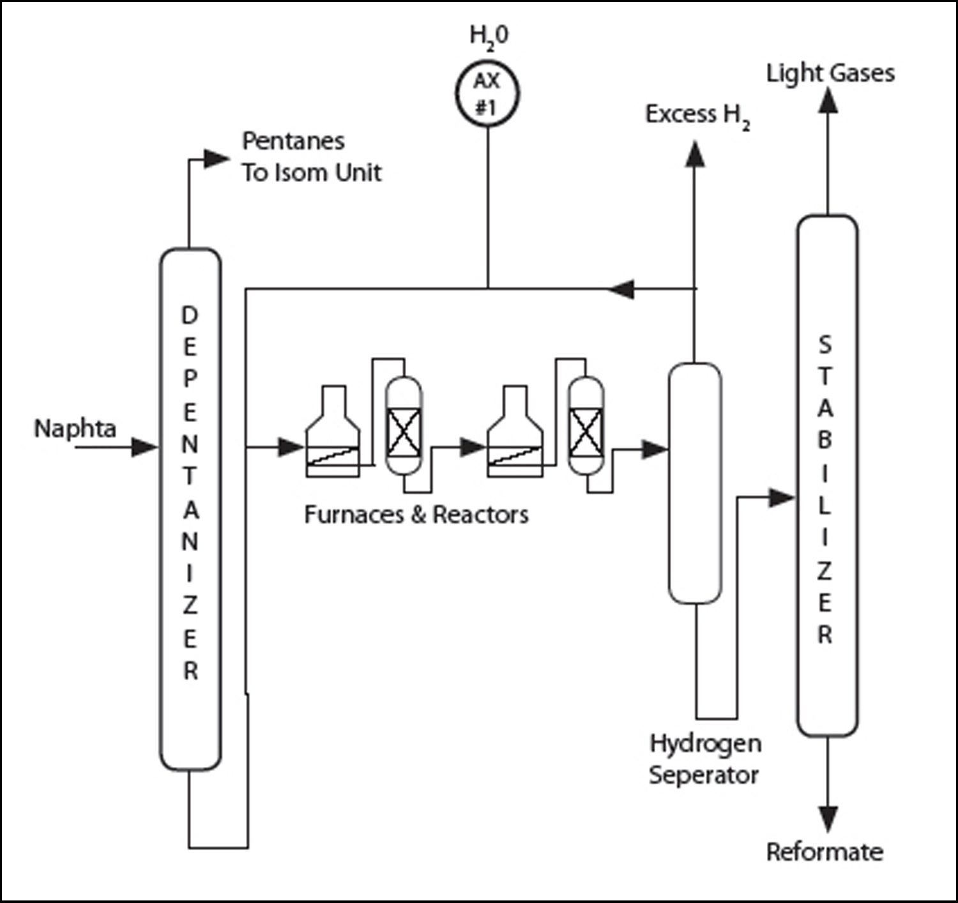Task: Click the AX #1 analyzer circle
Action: pos(487,94)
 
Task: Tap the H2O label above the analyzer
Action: pos(489,36)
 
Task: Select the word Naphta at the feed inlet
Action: pos(75,429)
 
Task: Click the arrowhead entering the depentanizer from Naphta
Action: pos(144,447)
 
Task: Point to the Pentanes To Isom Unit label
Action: pos(311,156)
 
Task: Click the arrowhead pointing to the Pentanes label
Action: pos(216,158)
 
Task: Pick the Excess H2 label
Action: pos(697,116)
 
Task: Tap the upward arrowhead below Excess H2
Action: pos(696,154)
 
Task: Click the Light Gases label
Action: pos(830,73)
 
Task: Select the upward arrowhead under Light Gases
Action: pos(828,100)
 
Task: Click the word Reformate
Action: pos(825,852)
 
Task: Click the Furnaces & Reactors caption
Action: pos(416,515)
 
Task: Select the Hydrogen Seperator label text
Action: pos(704,759)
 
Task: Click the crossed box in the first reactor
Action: pos(404,432)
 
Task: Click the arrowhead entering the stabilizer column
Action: pos(781,497)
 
